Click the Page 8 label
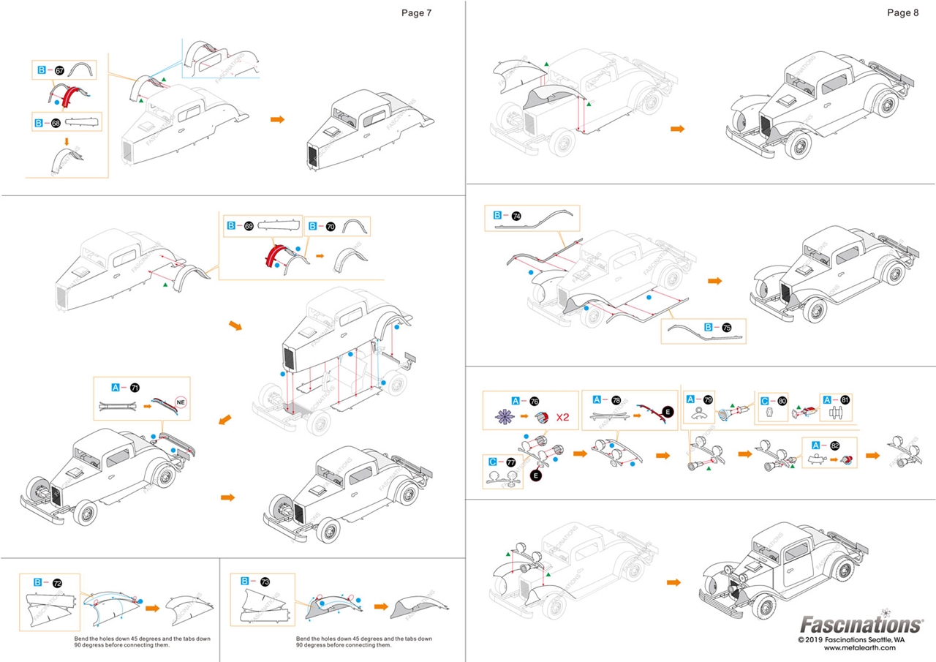899,12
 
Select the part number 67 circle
60,70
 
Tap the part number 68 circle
57,122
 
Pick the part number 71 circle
134,387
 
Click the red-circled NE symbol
181,402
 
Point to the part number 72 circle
57,582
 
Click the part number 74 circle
516,216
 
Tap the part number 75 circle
726,328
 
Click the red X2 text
562,418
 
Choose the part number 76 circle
535,400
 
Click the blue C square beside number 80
764,400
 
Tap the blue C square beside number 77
493,462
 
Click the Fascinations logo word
860,624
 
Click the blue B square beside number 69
230,227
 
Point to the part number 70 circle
331,227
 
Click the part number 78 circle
616,400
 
